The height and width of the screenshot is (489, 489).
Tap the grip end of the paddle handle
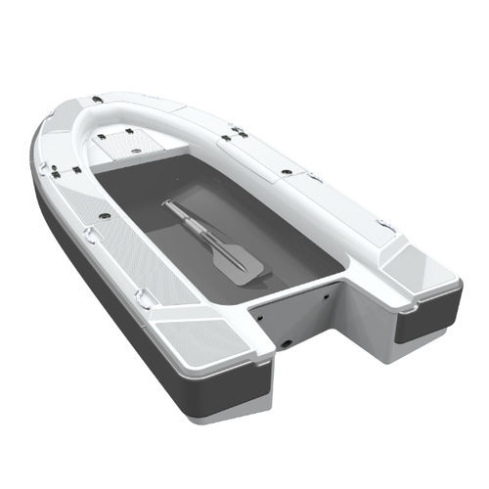(167, 204)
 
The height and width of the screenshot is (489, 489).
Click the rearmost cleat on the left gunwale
(144, 294)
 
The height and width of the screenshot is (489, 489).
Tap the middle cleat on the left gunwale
(90, 234)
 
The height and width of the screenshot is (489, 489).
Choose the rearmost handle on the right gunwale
(386, 226)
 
